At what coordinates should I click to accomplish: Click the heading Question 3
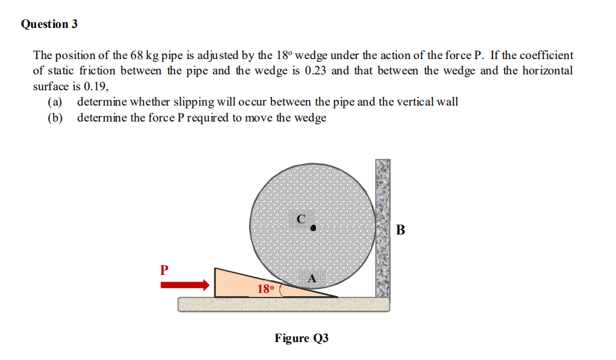point(49,25)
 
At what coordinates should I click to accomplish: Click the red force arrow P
point(185,284)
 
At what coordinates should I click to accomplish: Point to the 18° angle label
point(264,289)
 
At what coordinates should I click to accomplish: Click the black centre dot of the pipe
point(314,227)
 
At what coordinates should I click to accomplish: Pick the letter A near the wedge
point(312,279)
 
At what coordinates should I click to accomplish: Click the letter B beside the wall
point(400,230)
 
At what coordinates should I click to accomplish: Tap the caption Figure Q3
point(301,338)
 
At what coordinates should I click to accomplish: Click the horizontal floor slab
point(283,304)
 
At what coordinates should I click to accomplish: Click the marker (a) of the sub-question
point(55,102)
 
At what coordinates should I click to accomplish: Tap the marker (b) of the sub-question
point(55,118)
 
